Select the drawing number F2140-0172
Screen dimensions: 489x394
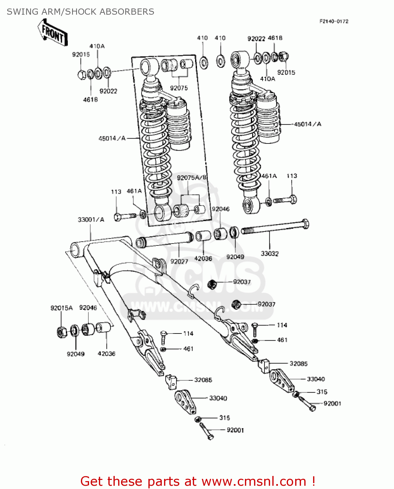click(x=334, y=22)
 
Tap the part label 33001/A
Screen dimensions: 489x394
click(x=91, y=220)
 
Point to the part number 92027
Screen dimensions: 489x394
click(x=179, y=261)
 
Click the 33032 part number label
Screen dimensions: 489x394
click(x=269, y=254)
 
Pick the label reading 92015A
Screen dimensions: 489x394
click(x=61, y=308)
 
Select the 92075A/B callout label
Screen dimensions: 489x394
click(x=191, y=178)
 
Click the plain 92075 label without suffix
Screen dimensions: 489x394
click(x=179, y=88)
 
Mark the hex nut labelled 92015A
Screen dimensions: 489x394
click(x=61, y=332)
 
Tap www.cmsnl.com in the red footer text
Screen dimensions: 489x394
click(x=254, y=481)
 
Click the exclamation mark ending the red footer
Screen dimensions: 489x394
click(x=313, y=481)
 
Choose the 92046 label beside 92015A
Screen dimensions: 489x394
click(x=88, y=308)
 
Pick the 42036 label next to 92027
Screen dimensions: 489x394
click(x=203, y=259)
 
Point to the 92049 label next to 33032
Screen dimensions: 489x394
click(x=235, y=257)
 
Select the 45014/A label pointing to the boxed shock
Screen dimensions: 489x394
click(x=112, y=139)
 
